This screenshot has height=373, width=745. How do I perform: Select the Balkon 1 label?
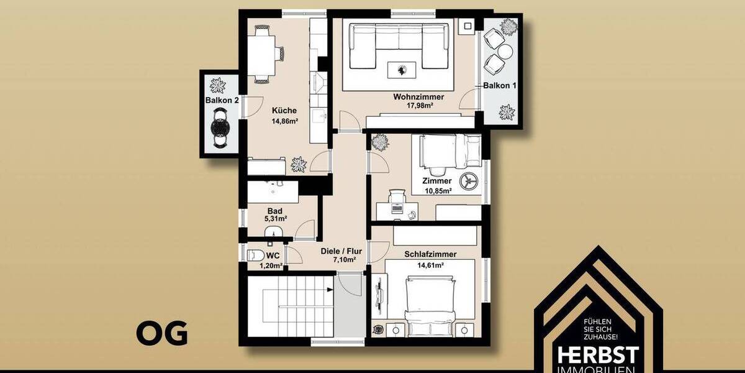[x=500, y=86]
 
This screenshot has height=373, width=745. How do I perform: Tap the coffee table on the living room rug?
[x=402, y=70]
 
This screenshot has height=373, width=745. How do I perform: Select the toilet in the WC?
[x=255, y=256]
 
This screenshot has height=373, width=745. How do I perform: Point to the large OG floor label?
[x=161, y=334]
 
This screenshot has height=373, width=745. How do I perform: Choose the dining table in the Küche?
[x=263, y=51]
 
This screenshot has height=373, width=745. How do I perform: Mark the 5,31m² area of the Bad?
[x=273, y=219]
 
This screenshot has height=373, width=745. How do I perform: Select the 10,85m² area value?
[x=438, y=190]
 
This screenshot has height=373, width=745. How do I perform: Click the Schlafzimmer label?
[x=430, y=254]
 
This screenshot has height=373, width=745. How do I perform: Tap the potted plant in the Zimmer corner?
[x=380, y=142]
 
